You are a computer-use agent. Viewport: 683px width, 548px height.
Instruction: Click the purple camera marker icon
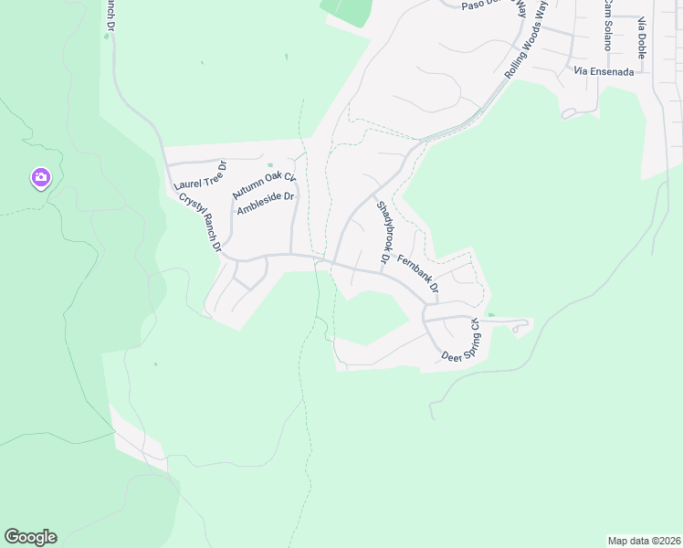(x=40, y=177)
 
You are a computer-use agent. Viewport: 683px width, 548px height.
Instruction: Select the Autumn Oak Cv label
(x=264, y=185)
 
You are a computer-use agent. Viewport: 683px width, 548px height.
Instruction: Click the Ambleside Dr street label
(x=265, y=204)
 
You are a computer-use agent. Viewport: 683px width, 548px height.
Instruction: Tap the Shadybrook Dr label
(x=384, y=234)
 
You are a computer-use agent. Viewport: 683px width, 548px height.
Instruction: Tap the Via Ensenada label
(x=604, y=71)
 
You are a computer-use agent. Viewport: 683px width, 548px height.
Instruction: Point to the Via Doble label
(x=642, y=37)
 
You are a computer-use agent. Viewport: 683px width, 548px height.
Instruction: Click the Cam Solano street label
(x=605, y=25)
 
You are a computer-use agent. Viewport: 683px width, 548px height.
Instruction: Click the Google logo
(x=30, y=537)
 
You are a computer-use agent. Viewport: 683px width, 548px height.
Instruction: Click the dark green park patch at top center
(x=348, y=11)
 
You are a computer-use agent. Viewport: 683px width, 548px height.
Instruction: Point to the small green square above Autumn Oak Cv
(x=270, y=165)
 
